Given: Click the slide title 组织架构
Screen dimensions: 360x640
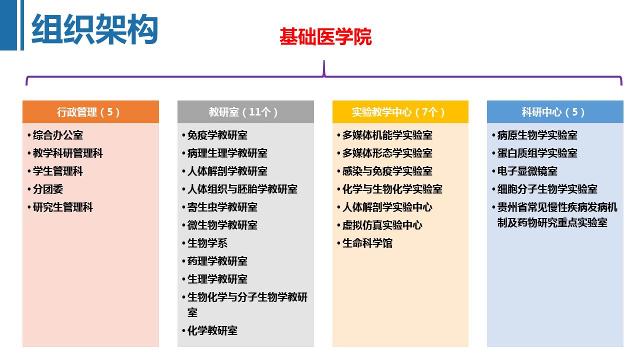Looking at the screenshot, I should [x=94, y=29].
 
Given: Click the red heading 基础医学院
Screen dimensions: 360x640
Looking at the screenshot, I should [x=325, y=37].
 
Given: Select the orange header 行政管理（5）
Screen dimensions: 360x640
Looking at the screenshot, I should [x=90, y=112].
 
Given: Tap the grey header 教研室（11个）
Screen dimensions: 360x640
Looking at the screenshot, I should [x=245, y=112].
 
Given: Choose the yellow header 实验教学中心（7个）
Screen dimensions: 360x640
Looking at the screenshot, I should [x=400, y=112].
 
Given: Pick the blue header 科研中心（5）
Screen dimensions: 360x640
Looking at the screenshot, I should [x=555, y=112].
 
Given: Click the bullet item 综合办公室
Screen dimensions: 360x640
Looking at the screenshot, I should [x=58, y=135].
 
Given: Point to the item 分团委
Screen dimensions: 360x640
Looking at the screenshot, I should [x=48, y=189].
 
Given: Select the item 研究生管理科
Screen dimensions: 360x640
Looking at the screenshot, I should [x=63, y=207].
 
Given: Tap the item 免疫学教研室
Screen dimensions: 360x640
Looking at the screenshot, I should [x=217, y=135].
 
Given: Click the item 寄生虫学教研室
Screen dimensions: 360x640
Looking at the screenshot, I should [x=222, y=207].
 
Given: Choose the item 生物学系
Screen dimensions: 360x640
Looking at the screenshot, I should [x=207, y=243].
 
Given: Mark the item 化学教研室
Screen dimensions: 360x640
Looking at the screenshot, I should [x=212, y=331].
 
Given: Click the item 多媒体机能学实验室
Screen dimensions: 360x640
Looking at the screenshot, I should [x=387, y=135].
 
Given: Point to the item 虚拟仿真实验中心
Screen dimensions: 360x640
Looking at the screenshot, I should [x=382, y=225].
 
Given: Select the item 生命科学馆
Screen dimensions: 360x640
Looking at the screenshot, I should [x=367, y=243].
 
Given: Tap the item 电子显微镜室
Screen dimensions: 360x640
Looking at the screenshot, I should [x=527, y=171].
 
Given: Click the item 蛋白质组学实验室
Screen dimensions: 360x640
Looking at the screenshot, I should [x=537, y=153].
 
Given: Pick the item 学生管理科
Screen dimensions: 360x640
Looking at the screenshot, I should [x=58, y=171].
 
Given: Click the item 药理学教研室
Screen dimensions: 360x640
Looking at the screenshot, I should [x=217, y=261].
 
